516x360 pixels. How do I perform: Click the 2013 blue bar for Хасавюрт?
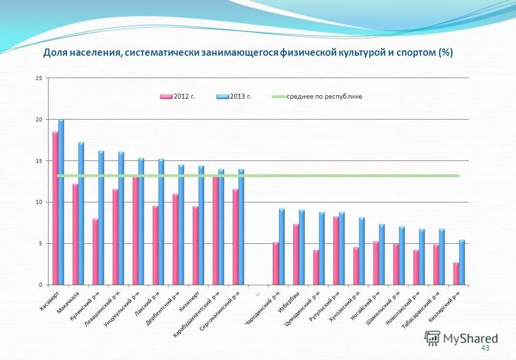point(61,202)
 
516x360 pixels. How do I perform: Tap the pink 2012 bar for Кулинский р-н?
point(95,252)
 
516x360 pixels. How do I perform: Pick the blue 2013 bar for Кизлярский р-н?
point(462,262)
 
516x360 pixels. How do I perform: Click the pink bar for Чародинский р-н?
point(276,264)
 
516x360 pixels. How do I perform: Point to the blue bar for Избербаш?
point(302,247)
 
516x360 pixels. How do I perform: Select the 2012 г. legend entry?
point(178,97)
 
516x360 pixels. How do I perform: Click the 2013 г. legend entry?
point(234,97)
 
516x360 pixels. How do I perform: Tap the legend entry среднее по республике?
point(317,97)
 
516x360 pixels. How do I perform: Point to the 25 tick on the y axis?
point(39,78)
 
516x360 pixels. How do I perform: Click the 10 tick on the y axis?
point(39,202)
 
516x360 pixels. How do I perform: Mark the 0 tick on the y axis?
point(41,285)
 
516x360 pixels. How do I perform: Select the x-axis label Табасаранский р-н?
point(416,310)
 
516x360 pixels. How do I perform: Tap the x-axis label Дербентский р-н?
point(163,307)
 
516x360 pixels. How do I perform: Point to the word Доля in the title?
point(55,52)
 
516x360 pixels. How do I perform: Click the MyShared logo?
point(461,338)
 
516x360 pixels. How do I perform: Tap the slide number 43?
point(485,348)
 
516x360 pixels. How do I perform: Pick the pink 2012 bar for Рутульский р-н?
point(336,250)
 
